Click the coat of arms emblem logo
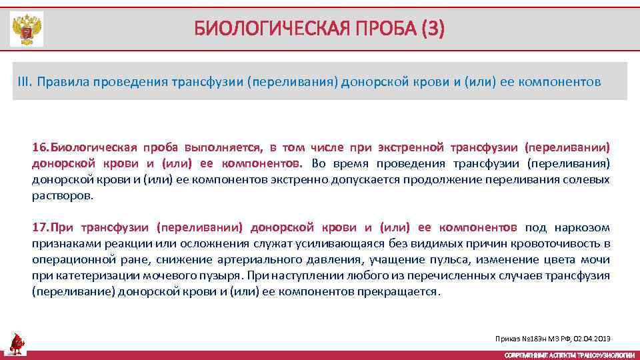(x=27, y=29)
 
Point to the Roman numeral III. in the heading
(x=25, y=81)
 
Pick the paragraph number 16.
(x=40, y=147)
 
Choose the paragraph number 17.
(x=40, y=227)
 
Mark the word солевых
(x=590, y=179)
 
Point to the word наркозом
(x=584, y=227)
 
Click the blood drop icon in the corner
(x=17, y=344)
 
